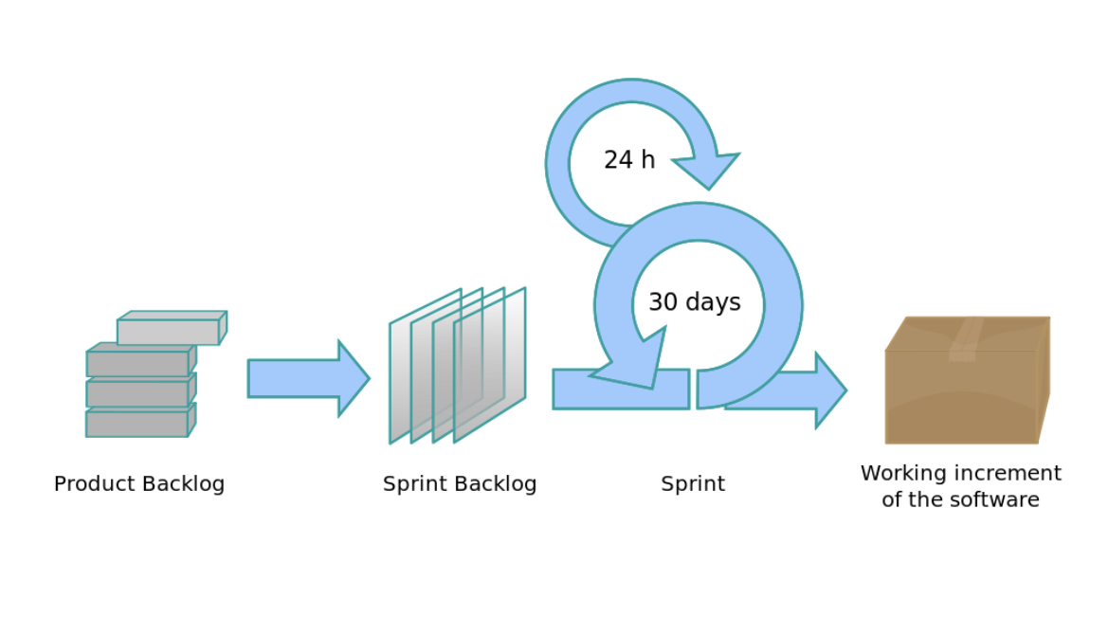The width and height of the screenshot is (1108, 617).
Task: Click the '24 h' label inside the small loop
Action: tap(629, 160)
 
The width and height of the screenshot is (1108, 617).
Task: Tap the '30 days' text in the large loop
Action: tap(694, 302)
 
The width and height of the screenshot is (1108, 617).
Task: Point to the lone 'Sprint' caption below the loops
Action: tap(693, 483)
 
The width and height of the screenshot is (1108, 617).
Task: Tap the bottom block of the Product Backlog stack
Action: tap(137, 423)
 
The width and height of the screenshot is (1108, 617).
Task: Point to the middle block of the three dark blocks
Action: tap(137, 393)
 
